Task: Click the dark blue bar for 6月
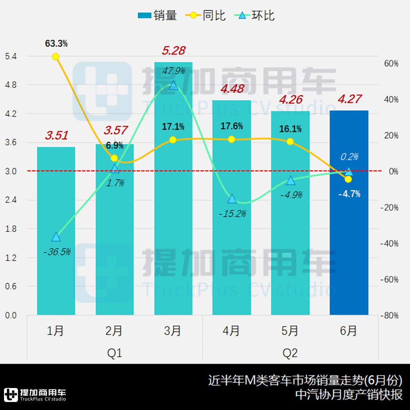tap(349, 212)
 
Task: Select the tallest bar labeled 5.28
tap(173, 188)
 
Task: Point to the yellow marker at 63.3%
tap(56, 56)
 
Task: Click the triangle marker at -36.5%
tap(56, 237)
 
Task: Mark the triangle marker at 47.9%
tap(173, 85)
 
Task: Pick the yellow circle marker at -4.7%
tap(348, 179)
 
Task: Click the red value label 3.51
tap(56, 135)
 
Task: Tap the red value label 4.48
tap(232, 89)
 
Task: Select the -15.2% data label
tap(232, 214)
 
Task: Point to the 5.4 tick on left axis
tap(10, 56)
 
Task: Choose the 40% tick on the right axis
tap(390, 100)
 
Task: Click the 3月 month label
tap(173, 331)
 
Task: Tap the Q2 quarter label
tap(290, 353)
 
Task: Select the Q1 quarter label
tap(115, 353)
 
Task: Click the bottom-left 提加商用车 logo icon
tap(11, 394)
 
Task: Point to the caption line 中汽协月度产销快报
tap(348, 394)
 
